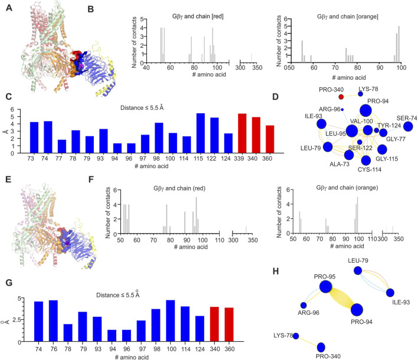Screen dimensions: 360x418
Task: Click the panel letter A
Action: coord(5,5)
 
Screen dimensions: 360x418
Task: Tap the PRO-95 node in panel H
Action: coord(325,287)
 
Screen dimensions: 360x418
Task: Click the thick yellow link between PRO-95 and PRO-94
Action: coord(342,297)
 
